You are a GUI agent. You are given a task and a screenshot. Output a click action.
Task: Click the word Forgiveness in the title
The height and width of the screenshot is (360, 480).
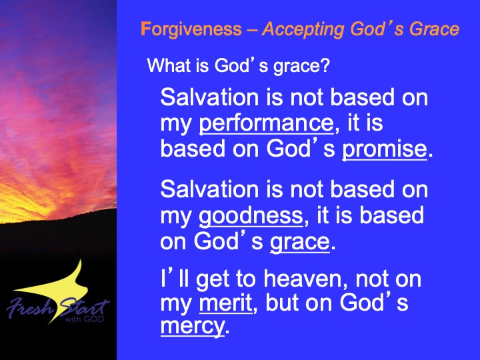191,29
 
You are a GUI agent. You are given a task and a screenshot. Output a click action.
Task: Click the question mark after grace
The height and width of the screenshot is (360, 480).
325,65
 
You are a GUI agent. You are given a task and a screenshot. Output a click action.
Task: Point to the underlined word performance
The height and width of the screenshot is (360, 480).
266,124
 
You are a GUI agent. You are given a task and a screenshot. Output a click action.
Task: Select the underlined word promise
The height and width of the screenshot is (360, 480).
385,150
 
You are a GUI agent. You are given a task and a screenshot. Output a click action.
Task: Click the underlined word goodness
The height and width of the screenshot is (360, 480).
251,216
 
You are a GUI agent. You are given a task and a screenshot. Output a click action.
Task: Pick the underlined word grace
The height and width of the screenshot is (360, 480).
300,243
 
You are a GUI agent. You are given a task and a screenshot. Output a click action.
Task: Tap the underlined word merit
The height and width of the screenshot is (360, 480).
226,303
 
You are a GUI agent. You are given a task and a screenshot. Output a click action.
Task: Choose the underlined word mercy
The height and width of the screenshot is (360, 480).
193,326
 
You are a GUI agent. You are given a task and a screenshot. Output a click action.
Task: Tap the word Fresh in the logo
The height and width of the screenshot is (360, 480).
30,308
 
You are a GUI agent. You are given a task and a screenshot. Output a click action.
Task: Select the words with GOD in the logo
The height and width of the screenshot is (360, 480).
85,319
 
